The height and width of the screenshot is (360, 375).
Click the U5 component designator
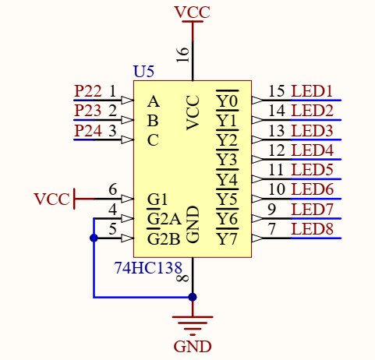tap(143, 72)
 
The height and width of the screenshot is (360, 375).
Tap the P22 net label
tap(88, 91)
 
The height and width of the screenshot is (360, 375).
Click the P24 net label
tap(88, 130)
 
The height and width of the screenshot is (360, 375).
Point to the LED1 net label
tap(312, 91)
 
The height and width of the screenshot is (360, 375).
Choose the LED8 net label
tap(312, 229)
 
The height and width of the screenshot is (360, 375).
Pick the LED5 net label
tap(312, 169)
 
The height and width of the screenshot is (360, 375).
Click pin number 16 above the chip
tap(183, 54)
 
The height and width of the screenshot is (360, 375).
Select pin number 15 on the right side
tap(276, 91)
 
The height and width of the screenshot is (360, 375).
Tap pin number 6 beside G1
tap(113, 189)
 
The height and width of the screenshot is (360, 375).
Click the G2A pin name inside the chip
tap(164, 219)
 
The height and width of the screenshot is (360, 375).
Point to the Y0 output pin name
tap(227, 101)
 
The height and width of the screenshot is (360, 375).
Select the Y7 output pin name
tap(227, 238)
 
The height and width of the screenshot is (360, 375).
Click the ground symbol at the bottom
tap(193, 322)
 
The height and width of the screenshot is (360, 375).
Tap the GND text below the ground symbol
tap(193, 346)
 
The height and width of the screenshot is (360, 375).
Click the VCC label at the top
tap(192, 12)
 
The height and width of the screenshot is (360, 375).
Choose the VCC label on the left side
tap(51, 199)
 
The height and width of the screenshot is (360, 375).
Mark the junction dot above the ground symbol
tap(193, 297)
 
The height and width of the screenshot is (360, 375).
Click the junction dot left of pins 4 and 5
tap(94, 238)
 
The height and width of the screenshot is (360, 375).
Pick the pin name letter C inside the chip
tap(153, 140)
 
